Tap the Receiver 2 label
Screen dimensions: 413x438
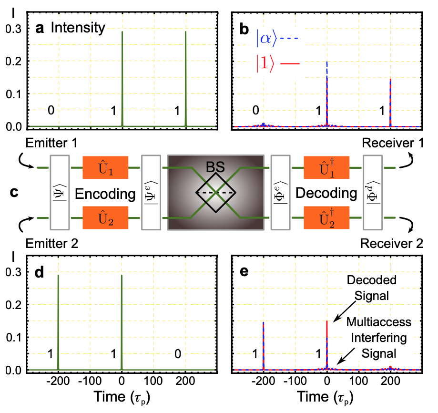coord(391,244)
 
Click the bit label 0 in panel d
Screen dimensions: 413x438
coord(177,355)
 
